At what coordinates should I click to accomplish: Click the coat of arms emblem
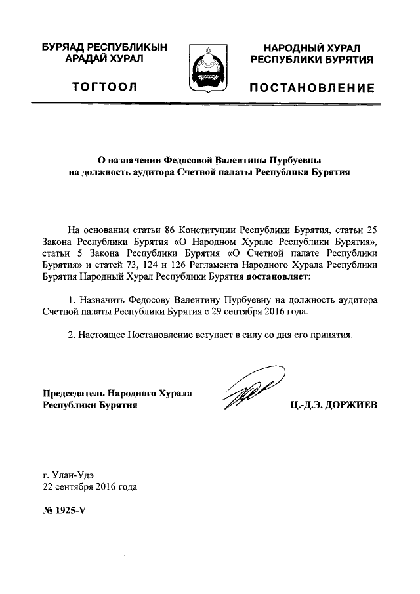(x=209, y=68)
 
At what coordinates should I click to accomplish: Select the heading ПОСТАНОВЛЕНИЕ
(x=312, y=88)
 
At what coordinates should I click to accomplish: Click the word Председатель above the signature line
(x=73, y=394)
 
